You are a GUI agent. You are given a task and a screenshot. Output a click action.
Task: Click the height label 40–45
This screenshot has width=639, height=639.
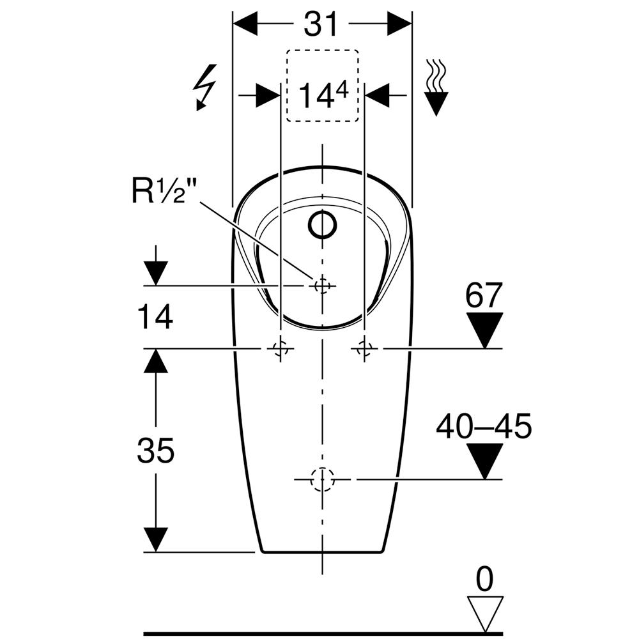(484, 426)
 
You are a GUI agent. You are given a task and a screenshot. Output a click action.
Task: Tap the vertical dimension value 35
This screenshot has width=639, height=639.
(155, 451)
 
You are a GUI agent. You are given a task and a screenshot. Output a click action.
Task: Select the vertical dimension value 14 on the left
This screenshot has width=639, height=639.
(155, 317)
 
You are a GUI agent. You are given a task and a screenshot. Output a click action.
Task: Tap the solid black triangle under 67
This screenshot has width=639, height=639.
(485, 330)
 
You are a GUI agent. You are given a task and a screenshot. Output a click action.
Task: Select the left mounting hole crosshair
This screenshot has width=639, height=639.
(280, 348)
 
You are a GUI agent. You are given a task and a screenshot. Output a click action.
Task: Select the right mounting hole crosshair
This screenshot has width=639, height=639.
(364, 348)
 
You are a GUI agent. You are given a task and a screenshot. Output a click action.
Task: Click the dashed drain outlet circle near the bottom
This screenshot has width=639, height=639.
(322, 479)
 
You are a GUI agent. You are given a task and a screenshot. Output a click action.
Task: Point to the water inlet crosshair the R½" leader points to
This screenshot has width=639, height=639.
(322, 285)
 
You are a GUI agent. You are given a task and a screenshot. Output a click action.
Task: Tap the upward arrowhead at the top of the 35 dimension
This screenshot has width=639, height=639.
(155, 362)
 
